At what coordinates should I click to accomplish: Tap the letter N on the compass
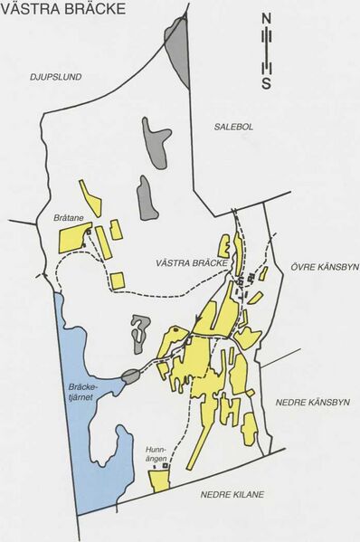266,18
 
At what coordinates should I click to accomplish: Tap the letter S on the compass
266,84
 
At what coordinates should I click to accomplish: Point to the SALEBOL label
233,127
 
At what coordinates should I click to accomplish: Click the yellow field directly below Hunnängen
160,480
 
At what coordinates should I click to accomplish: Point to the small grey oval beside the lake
129,376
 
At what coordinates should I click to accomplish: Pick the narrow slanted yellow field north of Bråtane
90,193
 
